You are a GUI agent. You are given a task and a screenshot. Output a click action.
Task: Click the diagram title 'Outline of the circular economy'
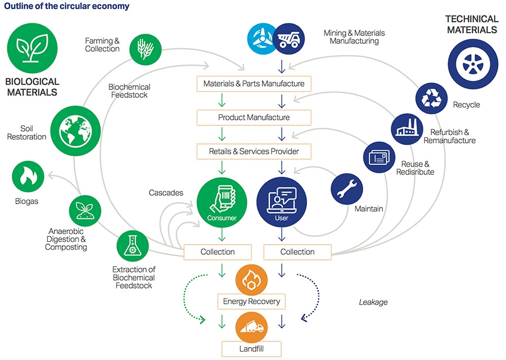tap(66, 7)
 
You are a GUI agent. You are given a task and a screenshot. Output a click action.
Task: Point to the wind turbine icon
tap(263, 38)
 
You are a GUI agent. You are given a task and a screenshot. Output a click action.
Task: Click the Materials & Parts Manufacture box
tap(254, 84)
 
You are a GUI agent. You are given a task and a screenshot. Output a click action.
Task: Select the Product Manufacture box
tap(254, 118)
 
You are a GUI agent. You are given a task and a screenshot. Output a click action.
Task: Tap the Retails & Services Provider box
tap(254, 151)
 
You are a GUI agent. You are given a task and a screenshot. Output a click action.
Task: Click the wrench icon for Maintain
tap(347, 189)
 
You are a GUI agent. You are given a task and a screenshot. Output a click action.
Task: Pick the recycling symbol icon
tap(432, 97)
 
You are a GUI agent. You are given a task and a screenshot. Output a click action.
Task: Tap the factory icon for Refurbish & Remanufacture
tap(407, 129)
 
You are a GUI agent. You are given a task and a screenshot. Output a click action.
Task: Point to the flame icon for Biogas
tap(29, 178)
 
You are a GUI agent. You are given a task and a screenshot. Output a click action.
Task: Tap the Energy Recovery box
tap(251, 301)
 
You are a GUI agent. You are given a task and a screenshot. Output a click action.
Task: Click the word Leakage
tap(373, 302)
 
